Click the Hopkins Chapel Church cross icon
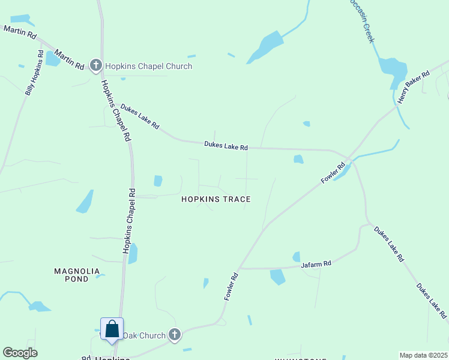(95, 65)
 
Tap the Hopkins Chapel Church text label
(149, 66)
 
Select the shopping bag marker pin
(112, 329)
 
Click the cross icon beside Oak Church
(174, 335)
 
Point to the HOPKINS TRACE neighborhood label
(216, 199)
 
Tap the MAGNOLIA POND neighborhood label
(80, 275)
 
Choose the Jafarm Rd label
(316, 264)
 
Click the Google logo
(20, 353)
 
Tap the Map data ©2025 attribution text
(423, 355)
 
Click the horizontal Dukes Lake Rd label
(226, 145)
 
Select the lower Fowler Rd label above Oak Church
(232, 287)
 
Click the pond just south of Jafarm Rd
(277, 277)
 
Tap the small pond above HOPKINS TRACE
(158, 181)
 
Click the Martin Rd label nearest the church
(69, 59)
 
